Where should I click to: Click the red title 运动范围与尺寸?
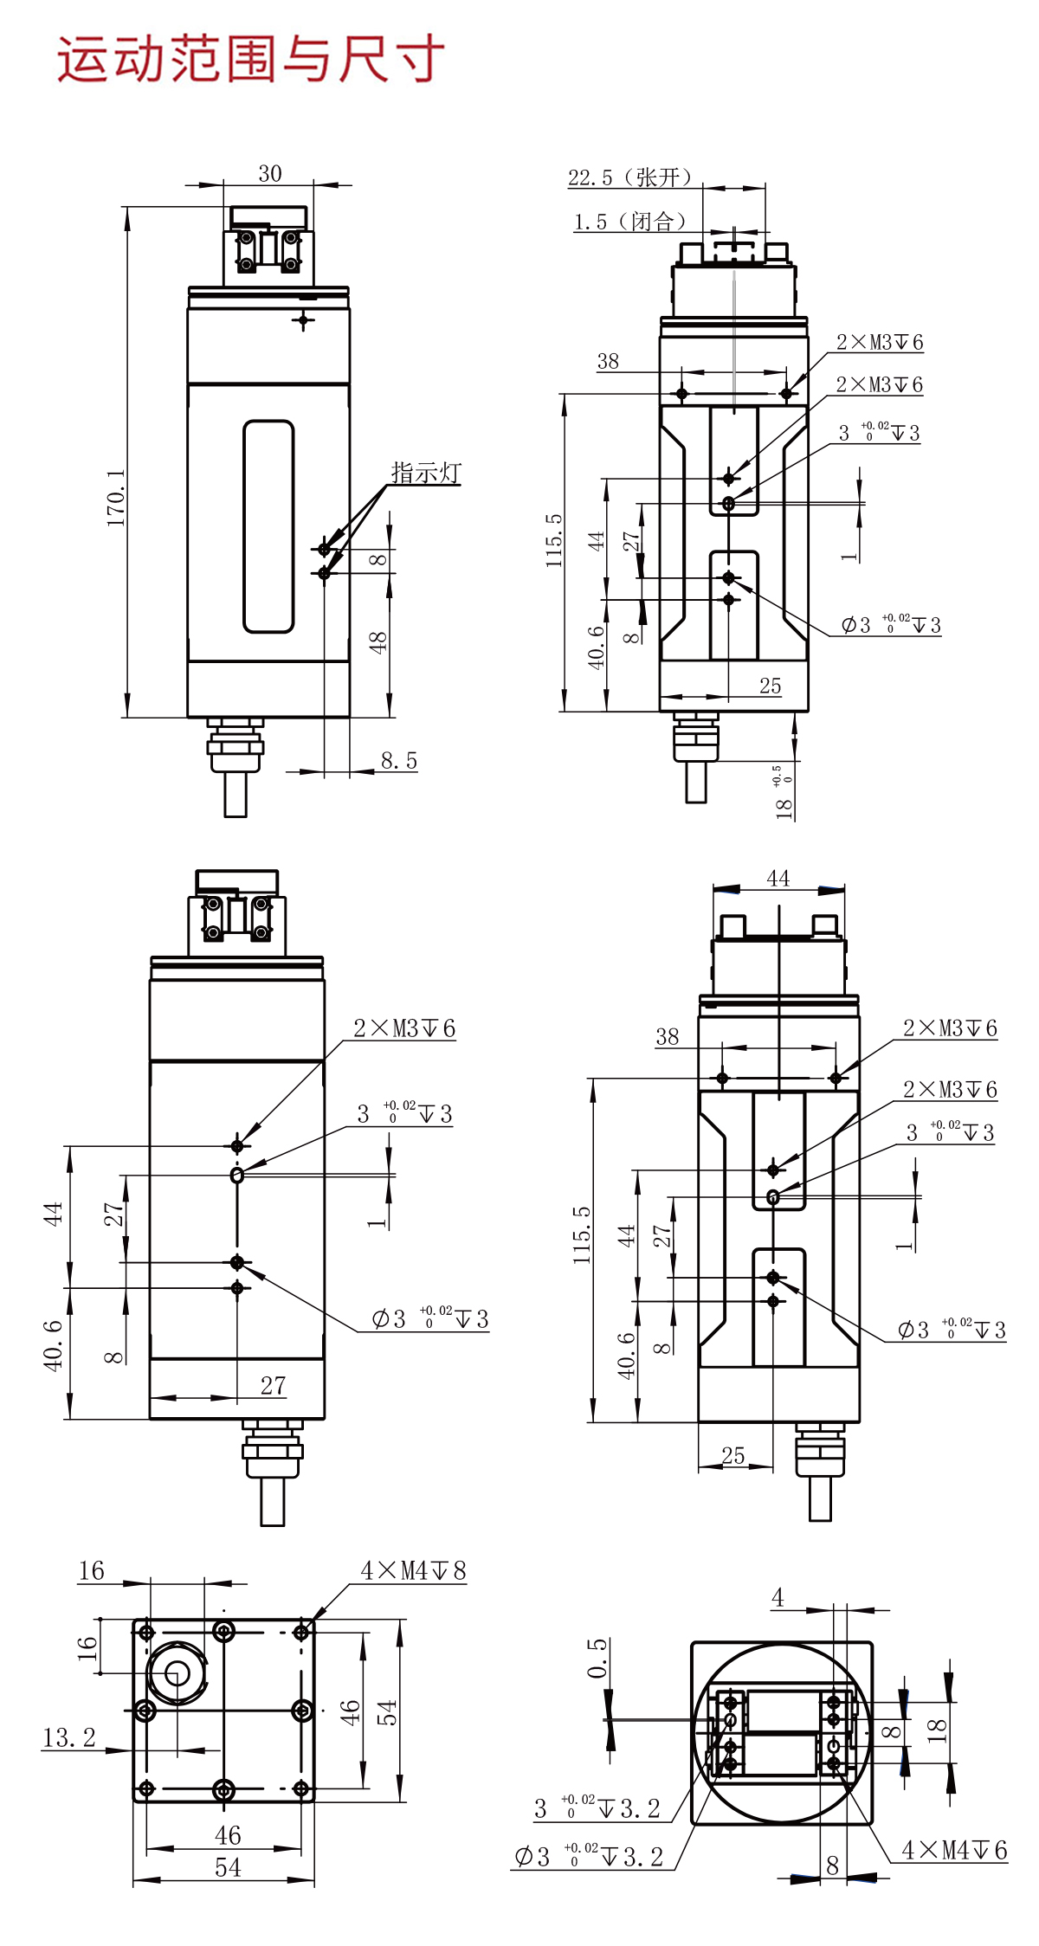coord(251,60)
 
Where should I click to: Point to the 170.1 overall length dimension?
coord(116,498)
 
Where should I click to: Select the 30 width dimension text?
coord(270,174)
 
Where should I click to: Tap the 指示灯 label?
coord(426,473)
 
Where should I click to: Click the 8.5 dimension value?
coord(398,761)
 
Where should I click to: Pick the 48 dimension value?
coord(378,642)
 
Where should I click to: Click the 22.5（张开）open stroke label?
coord(629,177)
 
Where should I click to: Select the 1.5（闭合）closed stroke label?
coord(629,222)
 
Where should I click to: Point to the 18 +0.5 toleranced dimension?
coord(784,792)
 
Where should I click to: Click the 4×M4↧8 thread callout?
coord(413,1571)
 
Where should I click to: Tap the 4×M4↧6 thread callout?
coord(954,1850)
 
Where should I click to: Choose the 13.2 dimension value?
coord(69,1737)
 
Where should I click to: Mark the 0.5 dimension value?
coord(597,1658)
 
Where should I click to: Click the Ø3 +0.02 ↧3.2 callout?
coord(589,1857)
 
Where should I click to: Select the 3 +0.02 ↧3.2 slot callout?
coord(597,1808)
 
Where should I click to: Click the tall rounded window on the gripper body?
coord(268,526)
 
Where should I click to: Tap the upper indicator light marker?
coord(325,549)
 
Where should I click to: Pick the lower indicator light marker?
coord(325,573)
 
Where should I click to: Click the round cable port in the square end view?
coord(177,1671)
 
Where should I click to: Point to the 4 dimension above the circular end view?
coord(778,1598)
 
